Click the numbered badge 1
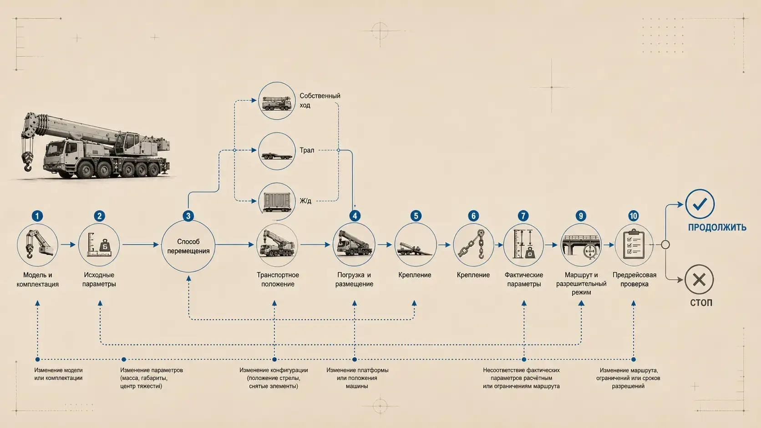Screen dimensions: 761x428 coord(37,216)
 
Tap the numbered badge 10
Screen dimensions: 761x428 coord(633,216)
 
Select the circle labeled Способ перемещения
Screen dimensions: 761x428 coord(188,246)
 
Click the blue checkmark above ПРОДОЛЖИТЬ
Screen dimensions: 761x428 coord(700,204)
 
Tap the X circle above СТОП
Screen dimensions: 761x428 coord(699,280)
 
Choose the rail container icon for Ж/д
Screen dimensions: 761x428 coord(277,201)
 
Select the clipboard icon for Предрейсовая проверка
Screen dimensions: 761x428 coord(634,245)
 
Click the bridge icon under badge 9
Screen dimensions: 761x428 coord(581,245)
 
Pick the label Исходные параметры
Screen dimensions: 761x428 coord(99,279)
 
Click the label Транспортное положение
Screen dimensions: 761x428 coord(278,279)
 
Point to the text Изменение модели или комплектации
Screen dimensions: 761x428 coord(58,374)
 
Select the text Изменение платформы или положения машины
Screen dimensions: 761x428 coord(357,378)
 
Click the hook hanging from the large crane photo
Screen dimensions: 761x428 coord(27,162)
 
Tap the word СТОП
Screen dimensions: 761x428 coord(701,303)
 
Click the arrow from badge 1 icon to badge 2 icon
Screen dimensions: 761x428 coord(68,244)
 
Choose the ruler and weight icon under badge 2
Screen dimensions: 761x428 coord(99,245)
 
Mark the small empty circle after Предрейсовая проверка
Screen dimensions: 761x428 coord(665,244)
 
